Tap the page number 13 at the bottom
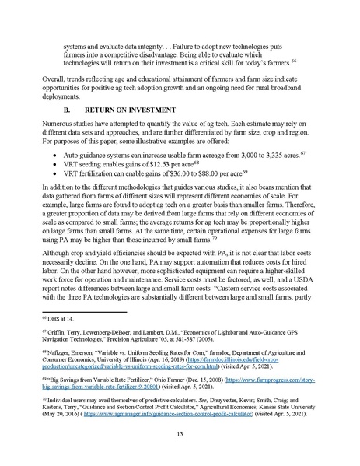point(180,433)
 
